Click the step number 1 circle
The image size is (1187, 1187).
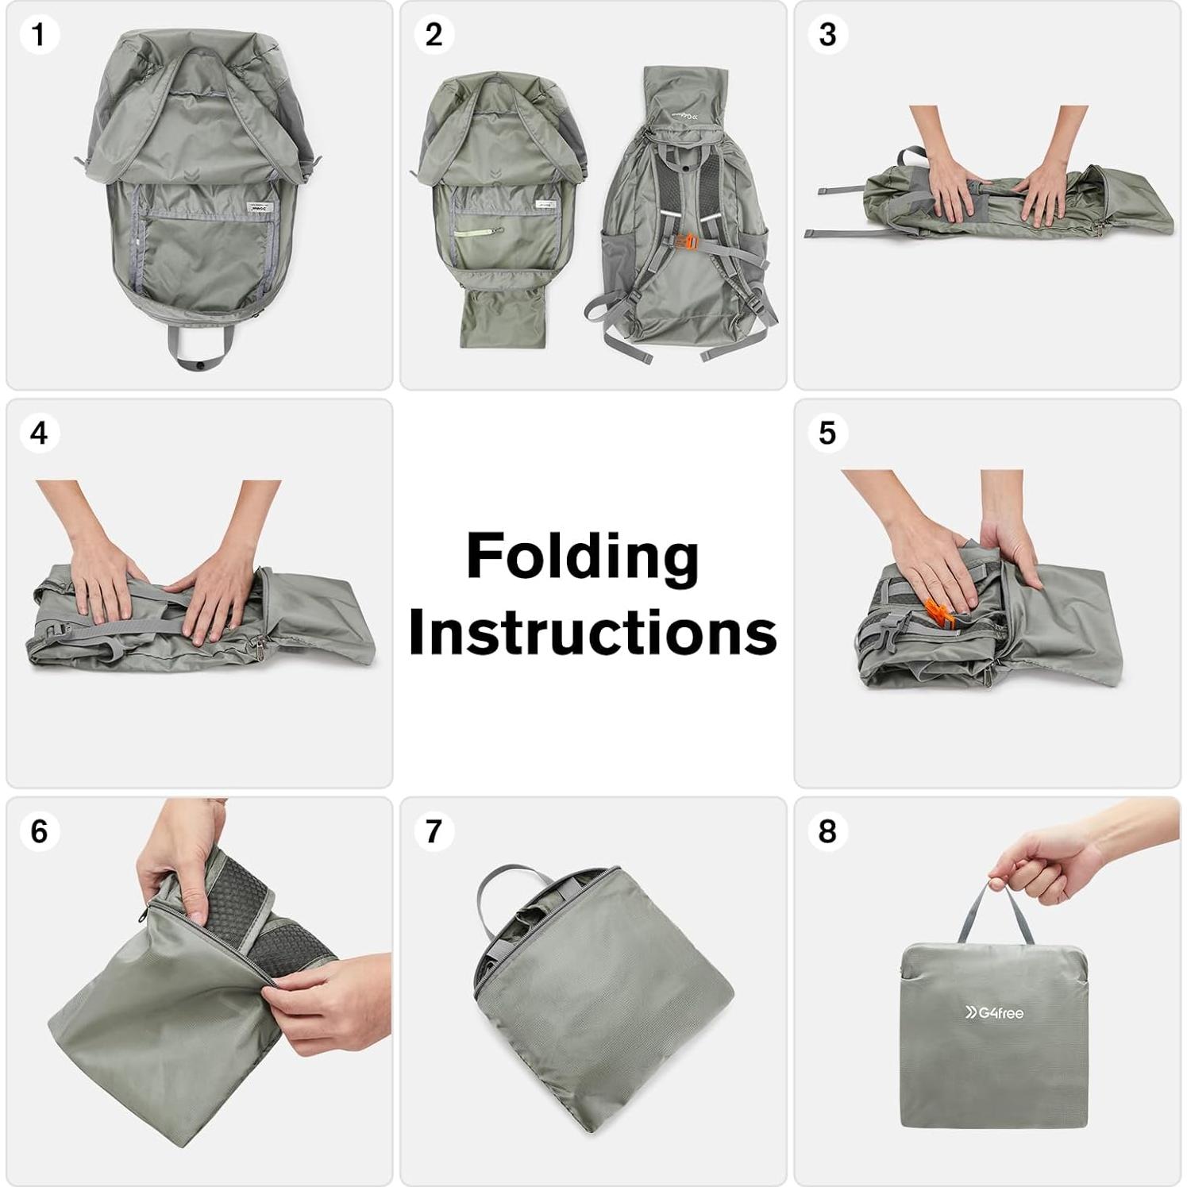tap(38, 35)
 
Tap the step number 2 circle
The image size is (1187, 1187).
tap(433, 35)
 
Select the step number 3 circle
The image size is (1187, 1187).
tap(827, 35)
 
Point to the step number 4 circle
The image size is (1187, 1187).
tap(38, 434)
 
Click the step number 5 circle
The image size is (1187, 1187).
tap(827, 434)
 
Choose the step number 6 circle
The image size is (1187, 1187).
tap(38, 831)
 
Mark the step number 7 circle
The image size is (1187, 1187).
tap(433, 831)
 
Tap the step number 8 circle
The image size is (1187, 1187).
tap(827, 831)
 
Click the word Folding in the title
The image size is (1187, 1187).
tap(582, 557)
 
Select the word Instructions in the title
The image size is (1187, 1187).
tap(592, 633)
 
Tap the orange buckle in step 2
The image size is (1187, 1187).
tap(689, 241)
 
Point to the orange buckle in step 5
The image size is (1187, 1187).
tap(938, 612)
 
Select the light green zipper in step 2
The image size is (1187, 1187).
tap(480, 233)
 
